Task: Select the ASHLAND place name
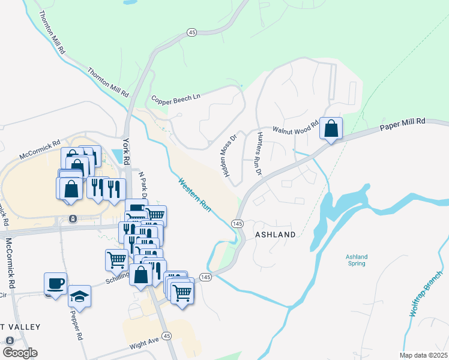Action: tap(276, 235)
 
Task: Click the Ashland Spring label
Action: tap(357, 260)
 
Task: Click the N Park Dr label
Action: tap(143, 187)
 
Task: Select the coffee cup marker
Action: tap(55, 283)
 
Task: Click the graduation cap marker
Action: tap(79, 296)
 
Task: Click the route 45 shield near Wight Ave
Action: tap(167, 335)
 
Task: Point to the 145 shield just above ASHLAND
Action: tap(237, 223)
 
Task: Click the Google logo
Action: tap(20, 353)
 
